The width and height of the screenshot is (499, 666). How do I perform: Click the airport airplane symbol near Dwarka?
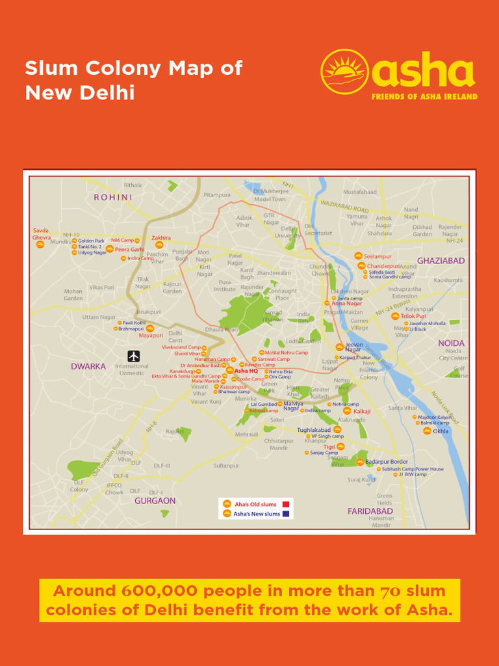(x=134, y=356)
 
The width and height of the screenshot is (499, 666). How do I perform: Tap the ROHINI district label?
(x=113, y=197)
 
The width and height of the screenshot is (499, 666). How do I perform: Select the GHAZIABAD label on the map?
(x=441, y=261)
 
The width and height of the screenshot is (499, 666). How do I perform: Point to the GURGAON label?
(x=155, y=501)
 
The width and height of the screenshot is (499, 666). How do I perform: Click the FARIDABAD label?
(x=370, y=511)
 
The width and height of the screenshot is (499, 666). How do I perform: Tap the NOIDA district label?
(x=452, y=343)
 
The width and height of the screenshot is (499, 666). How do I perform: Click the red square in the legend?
(x=286, y=504)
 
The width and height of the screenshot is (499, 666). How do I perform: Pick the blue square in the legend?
(x=286, y=514)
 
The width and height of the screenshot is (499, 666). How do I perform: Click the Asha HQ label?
(x=246, y=371)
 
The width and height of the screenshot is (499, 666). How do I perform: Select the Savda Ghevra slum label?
(x=42, y=234)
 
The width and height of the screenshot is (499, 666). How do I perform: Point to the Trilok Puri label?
(x=413, y=316)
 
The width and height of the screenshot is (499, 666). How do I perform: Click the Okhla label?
(x=441, y=431)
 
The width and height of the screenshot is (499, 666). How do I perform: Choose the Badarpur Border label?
(x=387, y=462)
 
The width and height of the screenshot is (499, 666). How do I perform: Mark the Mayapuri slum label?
(x=151, y=336)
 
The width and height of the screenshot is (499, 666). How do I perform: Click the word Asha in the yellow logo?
(x=423, y=72)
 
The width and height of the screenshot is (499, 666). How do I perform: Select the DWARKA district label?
(x=88, y=366)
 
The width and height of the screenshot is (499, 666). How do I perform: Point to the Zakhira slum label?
(x=161, y=238)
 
